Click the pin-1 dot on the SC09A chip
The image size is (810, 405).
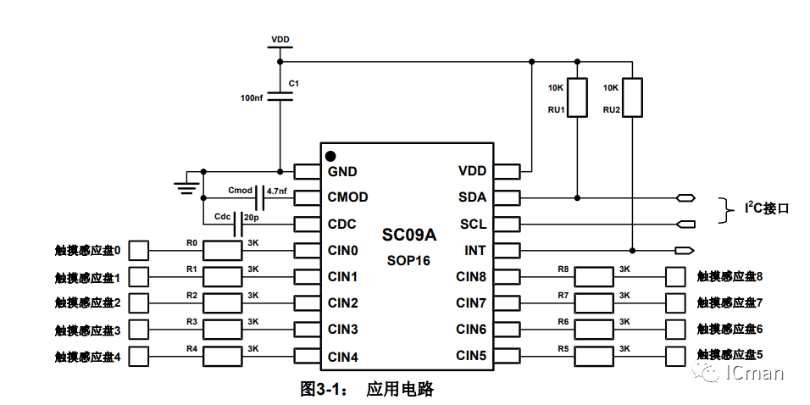pyautogui.click(x=330, y=156)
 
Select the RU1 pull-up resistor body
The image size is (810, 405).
pyautogui.click(x=577, y=97)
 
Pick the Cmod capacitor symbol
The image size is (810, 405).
pyautogui.click(x=260, y=196)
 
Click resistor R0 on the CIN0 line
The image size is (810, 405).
pyautogui.click(x=224, y=251)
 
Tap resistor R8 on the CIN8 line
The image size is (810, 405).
pyautogui.click(x=594, y=276)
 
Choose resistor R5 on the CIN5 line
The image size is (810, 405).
pyautogui.click(x=594, y=355)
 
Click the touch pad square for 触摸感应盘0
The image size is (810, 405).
pyautogui.click(x=138, y=251)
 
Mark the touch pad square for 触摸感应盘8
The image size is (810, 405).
pyautogui.click(x=676, y=276)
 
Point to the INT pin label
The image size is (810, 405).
pyautogui.click(x=475, y=250)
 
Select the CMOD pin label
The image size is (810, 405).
pyautogui.click(x=347, y=197)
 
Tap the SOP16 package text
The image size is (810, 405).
pyautogui.click(x=408, y=260)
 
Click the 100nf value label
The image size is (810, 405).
pyautogui.click(x=252, y=98)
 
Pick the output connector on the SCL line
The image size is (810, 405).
pyautogui.click(x=686, y=225)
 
